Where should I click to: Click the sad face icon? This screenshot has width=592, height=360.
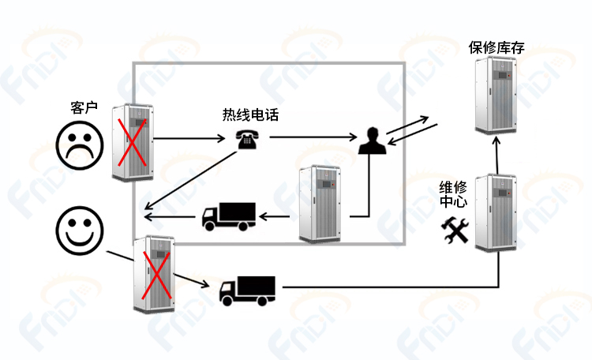point(79,145)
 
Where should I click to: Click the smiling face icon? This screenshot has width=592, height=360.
point(79,231)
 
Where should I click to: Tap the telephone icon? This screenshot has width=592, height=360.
point(248,140)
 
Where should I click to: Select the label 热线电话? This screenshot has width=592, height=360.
point(250,114)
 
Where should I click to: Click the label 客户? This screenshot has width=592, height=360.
point(84,107)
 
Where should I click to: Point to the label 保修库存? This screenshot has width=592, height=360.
point(496,47)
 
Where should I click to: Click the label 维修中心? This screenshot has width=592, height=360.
point(453,194)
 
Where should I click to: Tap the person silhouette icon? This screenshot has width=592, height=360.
point(373,141)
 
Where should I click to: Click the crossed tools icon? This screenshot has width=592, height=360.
point(455,230)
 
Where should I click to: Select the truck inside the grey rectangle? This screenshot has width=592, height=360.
point(229,217)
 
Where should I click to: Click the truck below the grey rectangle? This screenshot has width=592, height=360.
point(247,291)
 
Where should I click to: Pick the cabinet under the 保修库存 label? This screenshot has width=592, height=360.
point(496,95)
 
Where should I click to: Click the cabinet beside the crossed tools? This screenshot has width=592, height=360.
point(496,212)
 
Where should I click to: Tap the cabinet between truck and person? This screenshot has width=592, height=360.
point(320,204)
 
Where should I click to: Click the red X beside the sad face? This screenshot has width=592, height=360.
point(132,142)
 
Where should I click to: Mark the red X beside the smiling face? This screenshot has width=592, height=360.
point(157,275)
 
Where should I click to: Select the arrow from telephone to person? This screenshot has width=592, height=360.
point(313,137)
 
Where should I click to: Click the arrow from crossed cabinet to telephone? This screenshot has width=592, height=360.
point(189,138)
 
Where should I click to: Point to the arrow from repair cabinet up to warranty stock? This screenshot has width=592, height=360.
point(496,156)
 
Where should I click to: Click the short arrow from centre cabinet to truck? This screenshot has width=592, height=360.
point(275,217)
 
